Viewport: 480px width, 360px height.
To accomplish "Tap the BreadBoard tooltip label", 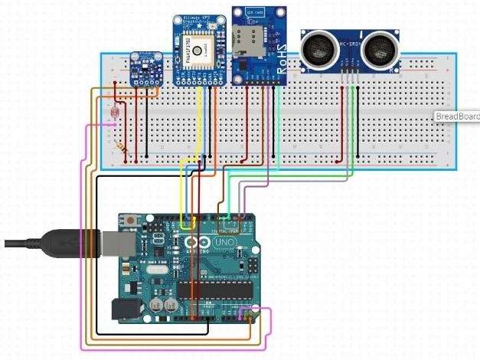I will coord(457,116).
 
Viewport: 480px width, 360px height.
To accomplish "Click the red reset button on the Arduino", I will coord(134,221).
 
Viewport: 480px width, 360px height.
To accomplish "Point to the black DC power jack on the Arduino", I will coord(126,308).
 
